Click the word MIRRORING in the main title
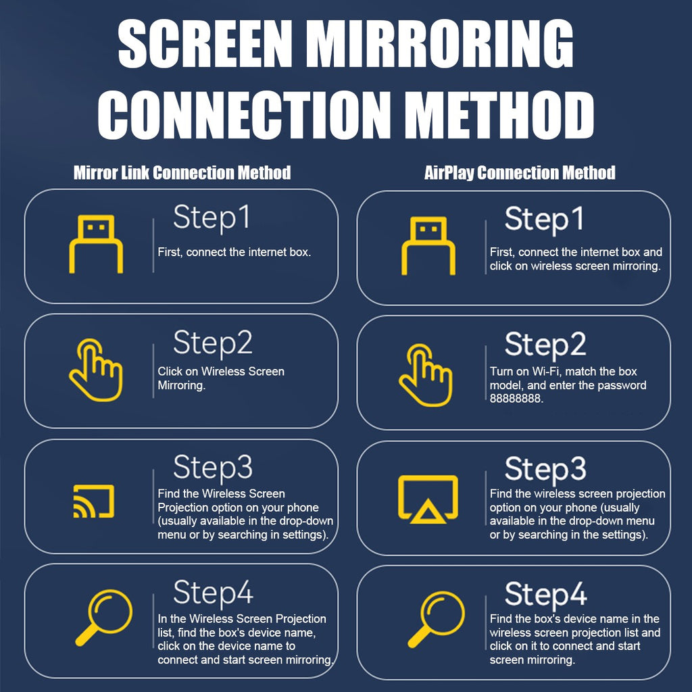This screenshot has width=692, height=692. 442,44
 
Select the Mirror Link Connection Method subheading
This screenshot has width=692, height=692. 182,172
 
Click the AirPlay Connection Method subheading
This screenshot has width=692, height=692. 520,172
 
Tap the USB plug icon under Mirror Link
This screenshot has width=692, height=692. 96,244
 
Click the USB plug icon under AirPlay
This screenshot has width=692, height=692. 428,246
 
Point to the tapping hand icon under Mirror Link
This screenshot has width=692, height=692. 96,370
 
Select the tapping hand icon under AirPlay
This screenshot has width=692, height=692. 426,375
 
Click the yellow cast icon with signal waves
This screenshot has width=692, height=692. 93,501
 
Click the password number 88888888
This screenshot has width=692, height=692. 516,399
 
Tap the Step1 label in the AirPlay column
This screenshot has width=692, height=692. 544,220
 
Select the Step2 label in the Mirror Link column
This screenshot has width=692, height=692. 213,343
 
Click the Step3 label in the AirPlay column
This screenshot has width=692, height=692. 545,469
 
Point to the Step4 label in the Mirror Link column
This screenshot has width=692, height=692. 213,593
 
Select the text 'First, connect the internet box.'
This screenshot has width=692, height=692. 234,252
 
